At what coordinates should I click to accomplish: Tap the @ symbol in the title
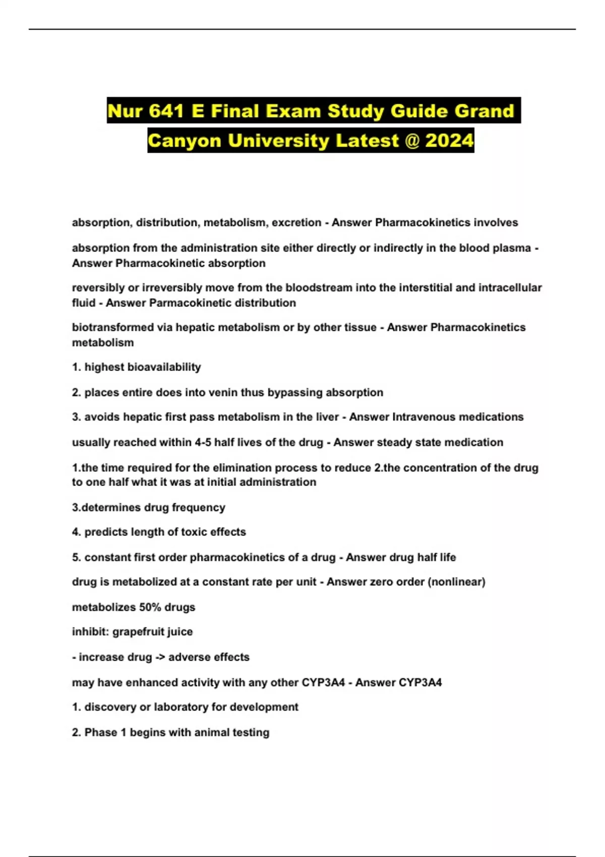412,140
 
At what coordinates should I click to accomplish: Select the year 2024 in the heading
449,140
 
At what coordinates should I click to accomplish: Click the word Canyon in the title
185,140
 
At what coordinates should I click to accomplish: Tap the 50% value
150,607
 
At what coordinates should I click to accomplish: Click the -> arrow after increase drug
160,657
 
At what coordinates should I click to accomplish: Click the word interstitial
436,288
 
